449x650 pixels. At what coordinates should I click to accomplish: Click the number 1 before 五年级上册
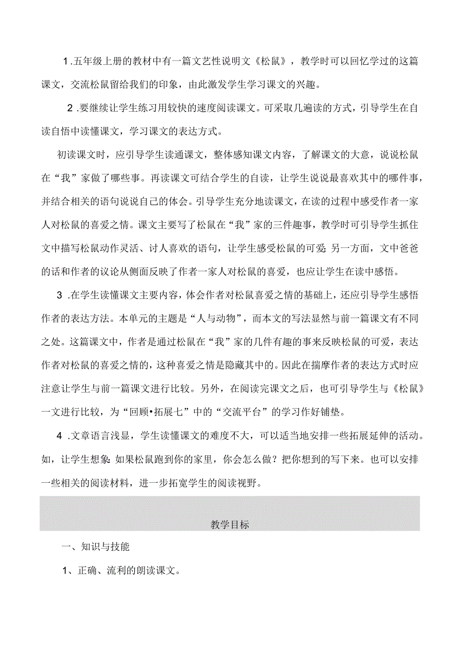tap(66, 62)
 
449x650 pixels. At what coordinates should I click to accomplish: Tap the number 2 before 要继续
tap(70, 108)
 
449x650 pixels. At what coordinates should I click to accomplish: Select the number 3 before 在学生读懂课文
tap(60, 295)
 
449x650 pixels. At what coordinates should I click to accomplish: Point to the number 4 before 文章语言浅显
tap(60, 435)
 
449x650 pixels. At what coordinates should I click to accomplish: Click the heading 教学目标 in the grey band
tap(230, 525)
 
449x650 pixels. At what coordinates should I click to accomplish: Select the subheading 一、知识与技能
tap(96, 547)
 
